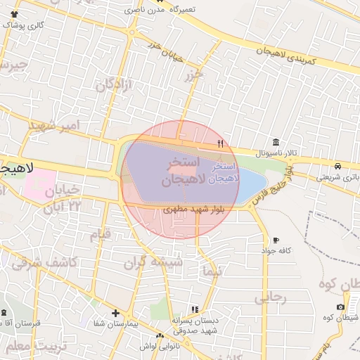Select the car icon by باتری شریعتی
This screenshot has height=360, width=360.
click(339, 167)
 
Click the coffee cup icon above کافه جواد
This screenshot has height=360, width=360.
click(276, 240)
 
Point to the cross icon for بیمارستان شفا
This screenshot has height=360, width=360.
click(115, 313)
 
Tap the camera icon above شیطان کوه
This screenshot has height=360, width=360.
click(340, 307)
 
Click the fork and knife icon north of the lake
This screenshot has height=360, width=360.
click(221, 143)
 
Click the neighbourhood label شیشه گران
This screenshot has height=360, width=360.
click(153, 262)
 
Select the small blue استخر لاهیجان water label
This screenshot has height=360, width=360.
click(225, 173)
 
